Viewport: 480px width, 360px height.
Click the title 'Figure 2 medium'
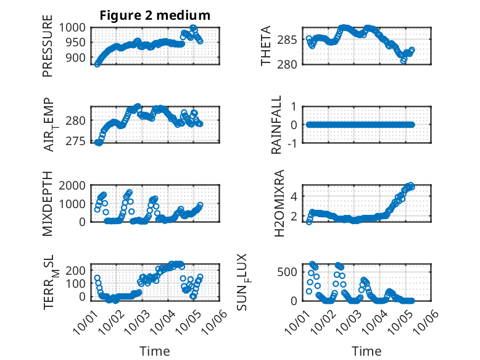[x=155, y=15]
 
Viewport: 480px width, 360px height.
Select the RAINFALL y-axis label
[x=277, y=125]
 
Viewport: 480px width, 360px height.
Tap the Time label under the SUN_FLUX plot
[x=366, y=351]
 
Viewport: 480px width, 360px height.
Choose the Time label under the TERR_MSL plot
[x=154, y=351]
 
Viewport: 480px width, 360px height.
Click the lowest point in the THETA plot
[x=403, y=61]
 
